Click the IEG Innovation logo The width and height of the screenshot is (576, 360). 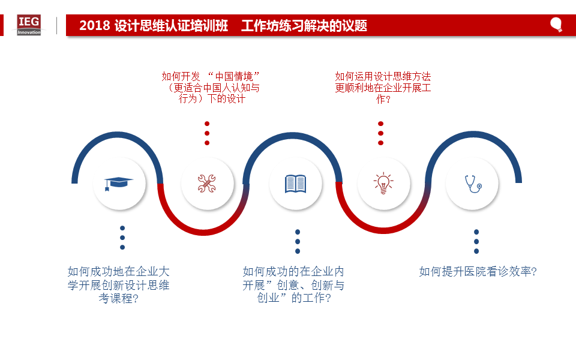click(x=29, y=25)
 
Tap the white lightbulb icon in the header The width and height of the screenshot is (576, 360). click(x=556, y=25)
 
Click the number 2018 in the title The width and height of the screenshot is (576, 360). click(x=95, y=25)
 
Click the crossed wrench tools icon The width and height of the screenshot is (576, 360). click(x=207, y=184)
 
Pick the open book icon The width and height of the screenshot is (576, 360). click(x=295, y=184)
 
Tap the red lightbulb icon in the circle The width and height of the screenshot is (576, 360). click(x=383, y=183)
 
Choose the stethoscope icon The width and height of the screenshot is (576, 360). click(x=473, y=184)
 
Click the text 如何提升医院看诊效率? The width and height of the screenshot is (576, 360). click(x=478, y=271)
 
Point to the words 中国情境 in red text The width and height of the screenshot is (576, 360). click(x=234, y=76)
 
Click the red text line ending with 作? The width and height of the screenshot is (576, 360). click(x=383, y=99)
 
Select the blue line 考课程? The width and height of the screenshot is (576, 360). click(x=118, y=298)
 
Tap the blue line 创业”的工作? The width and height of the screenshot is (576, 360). click(x=294, y=298)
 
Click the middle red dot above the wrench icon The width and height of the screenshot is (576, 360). click(x=207, y=133)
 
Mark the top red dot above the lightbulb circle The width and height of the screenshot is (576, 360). click(x=380, y=124)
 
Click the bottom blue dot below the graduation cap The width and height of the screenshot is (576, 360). click(x=122, y=247)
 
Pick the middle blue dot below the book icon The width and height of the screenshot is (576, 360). click(x=298, y=241)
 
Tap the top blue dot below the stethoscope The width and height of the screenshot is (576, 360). click(x=476, y=232)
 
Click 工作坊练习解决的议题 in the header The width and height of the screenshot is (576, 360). click(x=304, y=25)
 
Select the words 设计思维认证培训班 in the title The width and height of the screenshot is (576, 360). click(x=171, y=25)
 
